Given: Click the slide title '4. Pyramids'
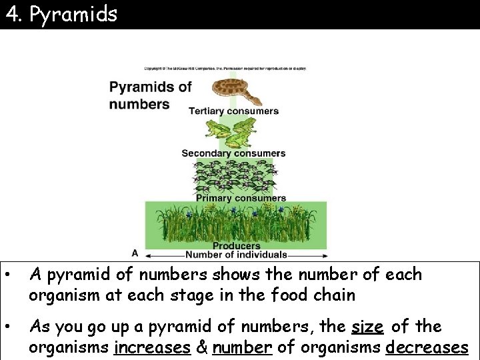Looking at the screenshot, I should (x=61, y=14).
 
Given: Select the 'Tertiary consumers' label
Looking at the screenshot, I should (x=233, y=111).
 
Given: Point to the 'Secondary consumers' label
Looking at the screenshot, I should (x=233, y=153).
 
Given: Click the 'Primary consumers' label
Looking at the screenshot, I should (x=241, y=197).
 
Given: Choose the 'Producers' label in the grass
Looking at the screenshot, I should (x=236, y=246).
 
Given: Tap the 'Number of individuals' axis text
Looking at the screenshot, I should (x=236, y=255).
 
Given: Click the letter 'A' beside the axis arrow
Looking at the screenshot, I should (x=135, y=253).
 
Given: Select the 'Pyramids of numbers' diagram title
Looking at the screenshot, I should (x=150, y=95).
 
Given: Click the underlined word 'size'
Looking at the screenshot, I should (x=367, y=327).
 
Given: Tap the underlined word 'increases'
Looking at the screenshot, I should (x=152, y=347).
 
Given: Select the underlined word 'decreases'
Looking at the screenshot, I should (x=427, y=347).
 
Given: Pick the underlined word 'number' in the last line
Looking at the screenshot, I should (x=241, y=347).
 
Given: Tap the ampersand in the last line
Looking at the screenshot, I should (x=201, y=347).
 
